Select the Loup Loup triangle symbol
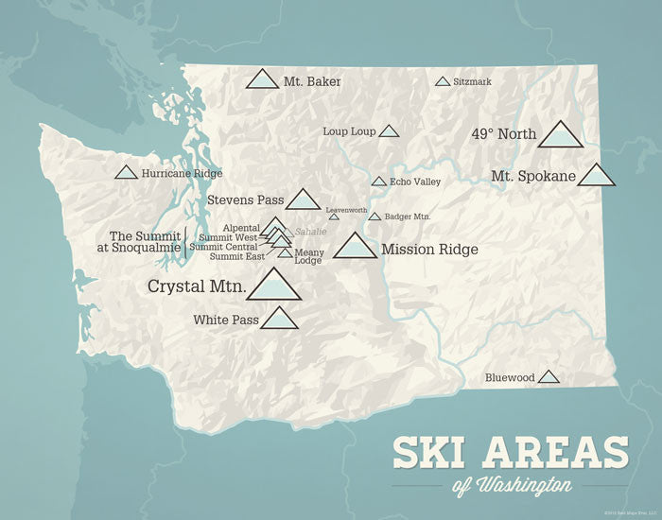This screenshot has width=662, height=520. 389,131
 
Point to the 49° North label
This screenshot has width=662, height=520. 503,134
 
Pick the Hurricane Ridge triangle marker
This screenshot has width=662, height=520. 125,173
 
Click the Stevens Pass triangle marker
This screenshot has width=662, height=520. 303,199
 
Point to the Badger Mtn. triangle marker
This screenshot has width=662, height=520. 375,217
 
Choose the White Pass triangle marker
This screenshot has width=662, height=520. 279,319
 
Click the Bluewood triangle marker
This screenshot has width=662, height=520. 549,377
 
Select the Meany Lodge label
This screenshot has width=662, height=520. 308,256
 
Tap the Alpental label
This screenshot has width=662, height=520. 241,228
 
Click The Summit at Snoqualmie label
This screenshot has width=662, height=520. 143,241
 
